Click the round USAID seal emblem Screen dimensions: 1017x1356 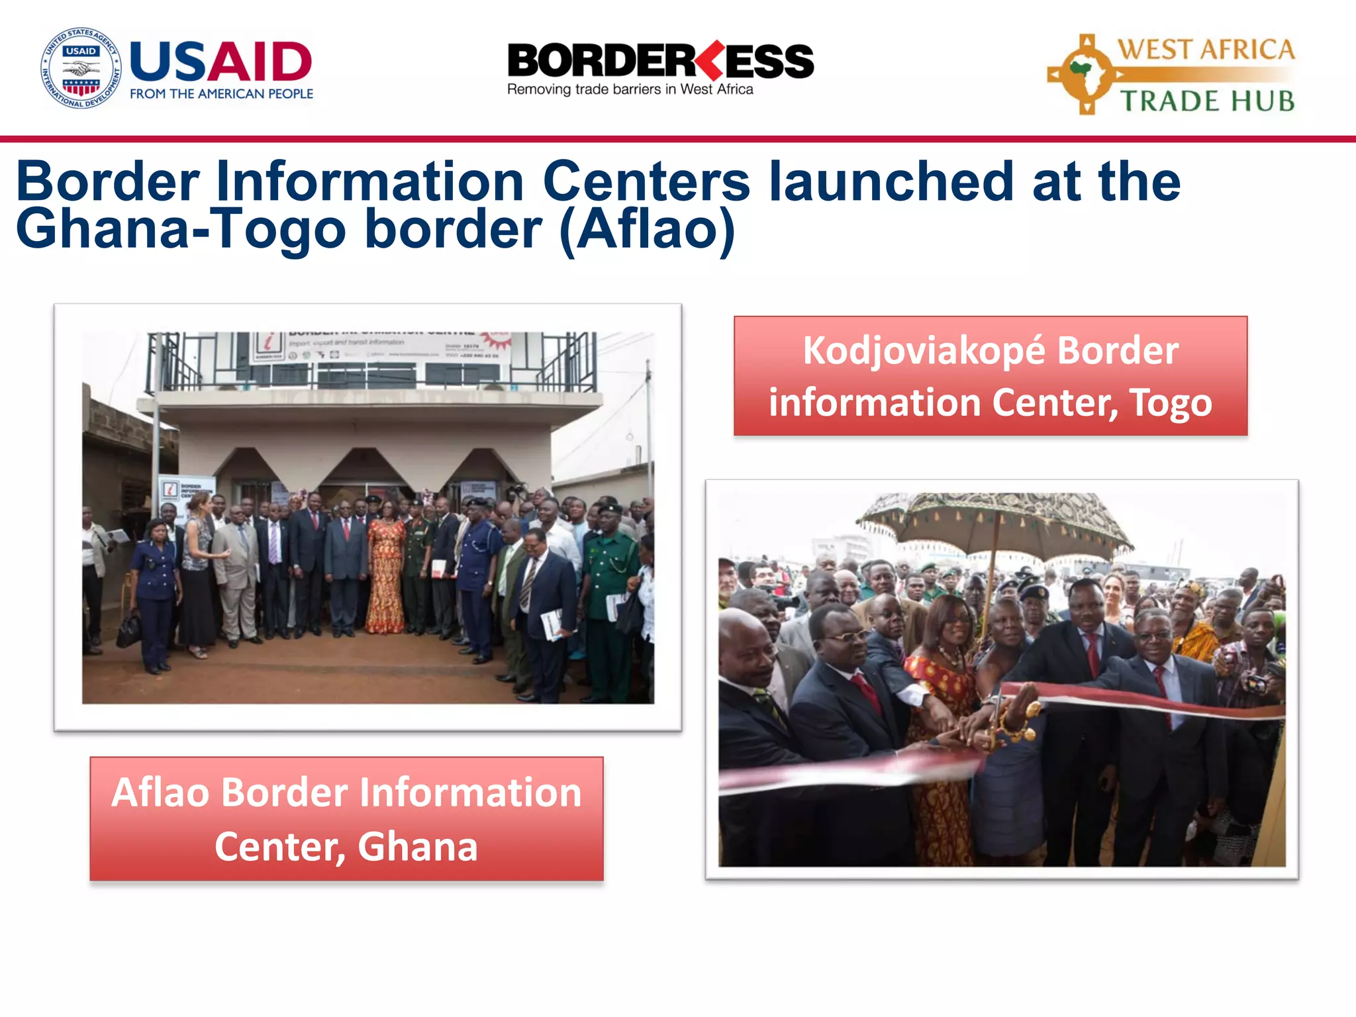point(81,68)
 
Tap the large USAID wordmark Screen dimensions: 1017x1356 point(220,61)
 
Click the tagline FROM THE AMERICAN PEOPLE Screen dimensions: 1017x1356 point(221,94)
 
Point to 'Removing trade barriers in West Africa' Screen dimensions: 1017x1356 point(630,89)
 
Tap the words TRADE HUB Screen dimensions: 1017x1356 point(1206,101)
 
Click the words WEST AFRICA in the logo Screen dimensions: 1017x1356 point(1205,50)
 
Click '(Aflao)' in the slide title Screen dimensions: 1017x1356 point(647,229)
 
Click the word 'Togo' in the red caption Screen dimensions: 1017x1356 point(1170,403)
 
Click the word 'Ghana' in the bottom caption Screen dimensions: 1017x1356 point(418,846)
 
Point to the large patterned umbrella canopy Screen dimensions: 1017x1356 point(994,523)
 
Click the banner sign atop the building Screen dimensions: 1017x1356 point(381,346)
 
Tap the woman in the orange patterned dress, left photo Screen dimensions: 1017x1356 point(386,570)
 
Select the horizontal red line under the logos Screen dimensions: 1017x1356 point(678,139)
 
